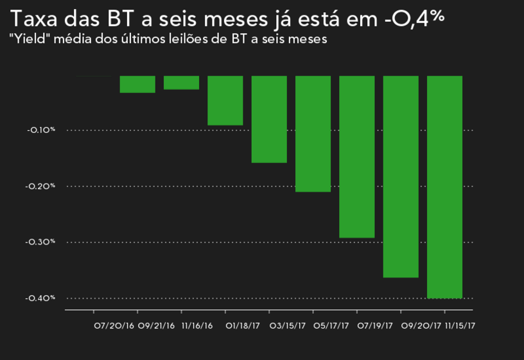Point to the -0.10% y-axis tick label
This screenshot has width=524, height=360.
[41, 130]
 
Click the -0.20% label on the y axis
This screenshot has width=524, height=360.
[41, 186]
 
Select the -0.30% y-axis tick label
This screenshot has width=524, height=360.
[41, 242]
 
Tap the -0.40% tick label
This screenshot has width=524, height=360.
[41, 298]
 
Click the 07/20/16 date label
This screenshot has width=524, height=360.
[114, 326]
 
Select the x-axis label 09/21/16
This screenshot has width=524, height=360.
[156, 326]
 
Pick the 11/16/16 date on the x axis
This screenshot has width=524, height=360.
[197, 326]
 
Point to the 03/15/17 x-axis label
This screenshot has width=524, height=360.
[288, 326]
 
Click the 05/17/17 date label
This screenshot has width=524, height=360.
[331, 326]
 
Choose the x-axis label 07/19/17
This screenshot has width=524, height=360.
[375, 326]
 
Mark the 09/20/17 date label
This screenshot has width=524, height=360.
[421, 326]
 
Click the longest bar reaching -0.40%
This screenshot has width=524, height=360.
[444, 186]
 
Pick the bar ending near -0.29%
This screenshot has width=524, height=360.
[356, 157]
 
